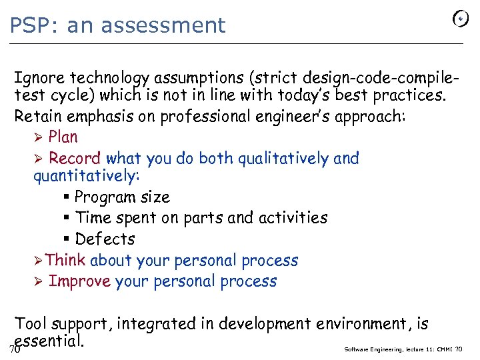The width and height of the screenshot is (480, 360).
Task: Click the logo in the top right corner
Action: tap(460, 19)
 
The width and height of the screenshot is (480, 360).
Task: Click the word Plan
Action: tap(63, 137)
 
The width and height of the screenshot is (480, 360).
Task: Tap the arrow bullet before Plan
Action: tap(39, 137)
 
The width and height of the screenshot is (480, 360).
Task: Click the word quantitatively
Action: tap(85, 176)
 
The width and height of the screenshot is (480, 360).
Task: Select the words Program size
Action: tap(122, 197)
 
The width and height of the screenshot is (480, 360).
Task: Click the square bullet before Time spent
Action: tap(68, 218)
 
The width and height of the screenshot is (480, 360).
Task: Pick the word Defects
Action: tap(105, 239)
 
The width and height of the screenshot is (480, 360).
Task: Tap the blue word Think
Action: tap(66, 260)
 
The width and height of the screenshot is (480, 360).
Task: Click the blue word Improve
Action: tap(79, 281)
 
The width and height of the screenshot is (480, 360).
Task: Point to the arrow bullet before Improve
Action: tap(39, 281)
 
